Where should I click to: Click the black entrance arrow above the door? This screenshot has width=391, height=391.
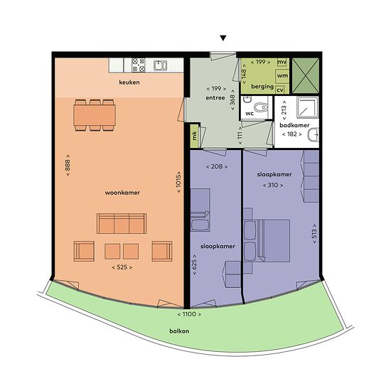coord(223,38)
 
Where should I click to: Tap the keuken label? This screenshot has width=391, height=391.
coord(129,82)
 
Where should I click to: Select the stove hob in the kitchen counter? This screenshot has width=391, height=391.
coord(139,65)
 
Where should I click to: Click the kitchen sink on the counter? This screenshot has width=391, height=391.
coord(161,65)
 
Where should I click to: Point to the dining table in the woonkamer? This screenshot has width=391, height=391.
coord(95,115)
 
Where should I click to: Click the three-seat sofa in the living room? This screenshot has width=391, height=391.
coord(122,223)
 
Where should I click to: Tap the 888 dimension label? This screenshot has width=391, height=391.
coord(68,166)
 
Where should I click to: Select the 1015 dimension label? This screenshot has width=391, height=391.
coord(178,182)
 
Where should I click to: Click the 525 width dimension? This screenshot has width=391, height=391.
coord(122,267)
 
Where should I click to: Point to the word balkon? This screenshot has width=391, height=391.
coord(179,331)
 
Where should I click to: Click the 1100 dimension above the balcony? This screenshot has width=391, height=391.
coord(189,314)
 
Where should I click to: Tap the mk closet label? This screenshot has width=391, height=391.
coord(195,135)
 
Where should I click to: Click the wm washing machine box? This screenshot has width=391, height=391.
coord(282,76)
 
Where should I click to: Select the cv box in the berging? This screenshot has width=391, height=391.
coord(280,90)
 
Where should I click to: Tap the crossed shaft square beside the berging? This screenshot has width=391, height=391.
coord(306,76)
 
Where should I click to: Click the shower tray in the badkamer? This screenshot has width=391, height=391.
coord(307,107)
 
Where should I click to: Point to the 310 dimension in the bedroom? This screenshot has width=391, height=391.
coord(273,186)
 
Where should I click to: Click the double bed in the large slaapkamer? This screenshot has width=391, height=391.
coord(267,240)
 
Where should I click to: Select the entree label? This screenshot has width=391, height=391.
coord(215,98)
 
